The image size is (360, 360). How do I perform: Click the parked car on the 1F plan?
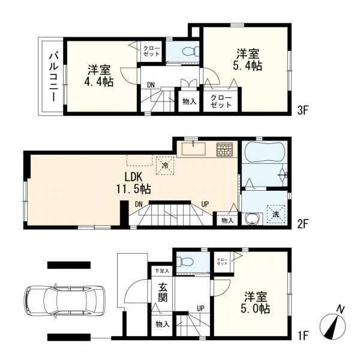64,301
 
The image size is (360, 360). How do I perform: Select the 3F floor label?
302,110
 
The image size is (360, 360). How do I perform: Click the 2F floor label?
302,224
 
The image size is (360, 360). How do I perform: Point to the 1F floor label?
303,336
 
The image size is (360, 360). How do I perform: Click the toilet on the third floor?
190,51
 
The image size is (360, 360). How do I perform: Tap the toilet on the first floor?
186,262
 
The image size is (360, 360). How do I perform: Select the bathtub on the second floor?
265,152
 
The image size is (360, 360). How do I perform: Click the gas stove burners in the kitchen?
224,149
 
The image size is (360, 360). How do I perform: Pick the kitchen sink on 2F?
194,149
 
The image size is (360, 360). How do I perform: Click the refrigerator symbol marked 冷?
165,166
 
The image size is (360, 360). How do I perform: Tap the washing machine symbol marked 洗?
276,214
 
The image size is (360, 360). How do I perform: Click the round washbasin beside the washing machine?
253,219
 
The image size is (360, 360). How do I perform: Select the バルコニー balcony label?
53,77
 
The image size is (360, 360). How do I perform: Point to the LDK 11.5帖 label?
133,183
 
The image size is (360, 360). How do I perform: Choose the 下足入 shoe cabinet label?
162,271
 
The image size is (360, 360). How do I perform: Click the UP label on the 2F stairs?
205,203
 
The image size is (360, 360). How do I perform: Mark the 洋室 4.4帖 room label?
99,76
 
